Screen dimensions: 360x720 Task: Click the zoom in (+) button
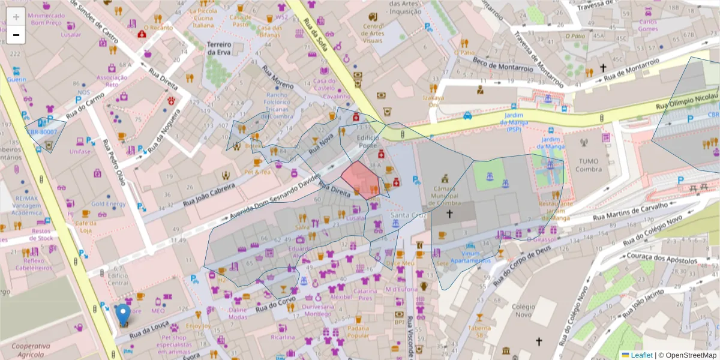(x=16, y=17)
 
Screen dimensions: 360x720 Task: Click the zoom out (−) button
(x=16, y=35)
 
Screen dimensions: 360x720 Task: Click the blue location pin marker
(x=123, y=314)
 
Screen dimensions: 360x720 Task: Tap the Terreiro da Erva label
(x=219, y=49)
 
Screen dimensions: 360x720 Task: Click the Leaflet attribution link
(x=640, y=355)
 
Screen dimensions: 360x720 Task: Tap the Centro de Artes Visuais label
(x=373, y=33)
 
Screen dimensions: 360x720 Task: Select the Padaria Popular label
(x=358, y=332)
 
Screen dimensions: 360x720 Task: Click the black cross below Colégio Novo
(x=539, y=341)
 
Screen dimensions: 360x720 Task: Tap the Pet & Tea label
(x=258, y=172)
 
